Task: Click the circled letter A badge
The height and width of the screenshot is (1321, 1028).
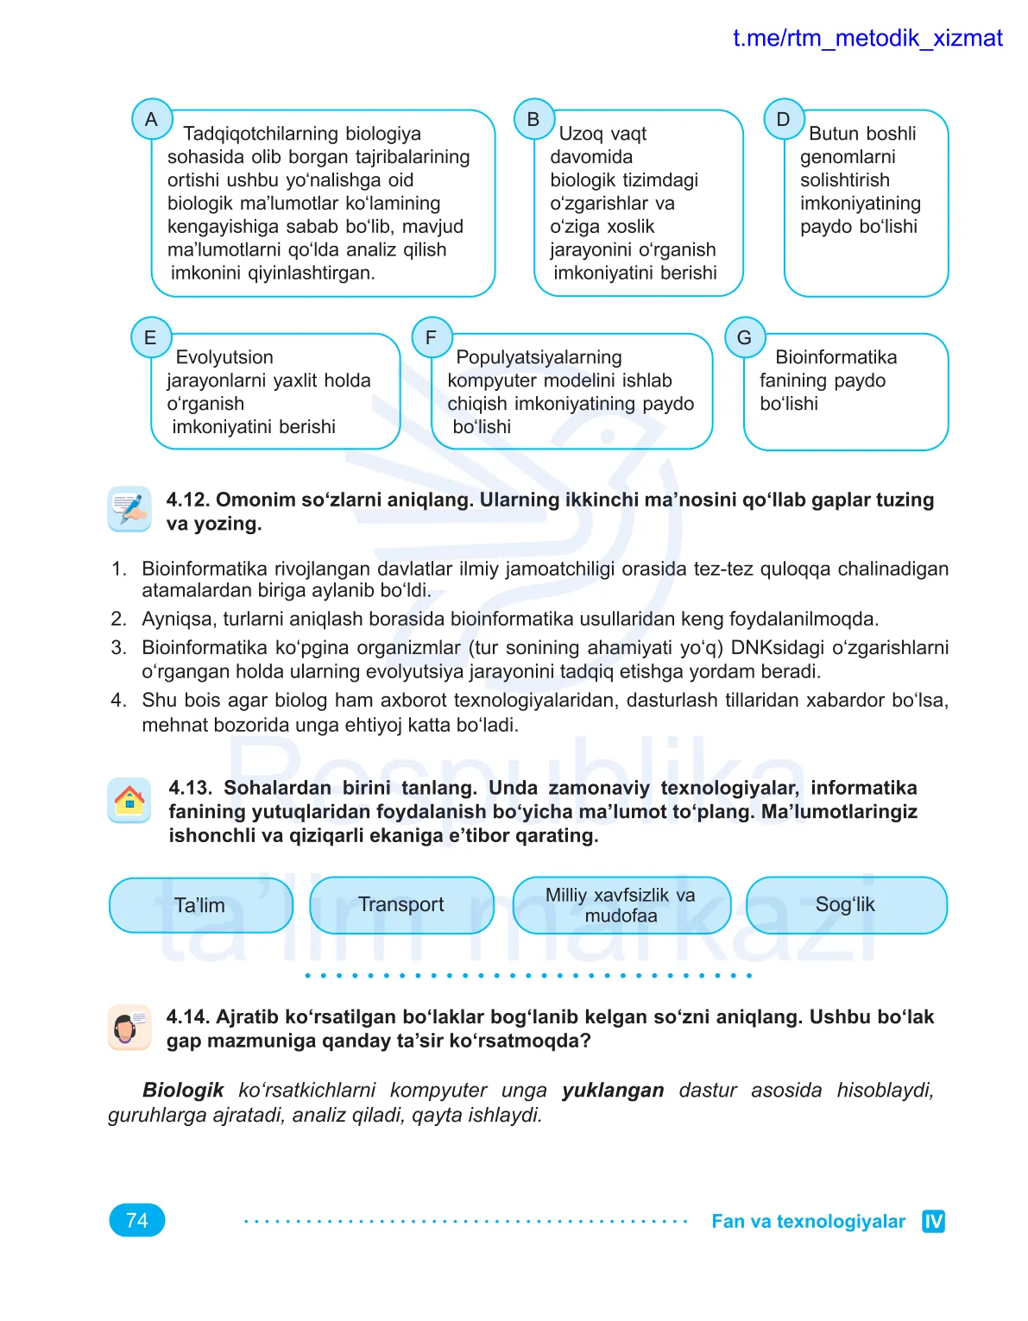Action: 152,119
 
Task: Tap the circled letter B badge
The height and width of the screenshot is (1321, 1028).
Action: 533,119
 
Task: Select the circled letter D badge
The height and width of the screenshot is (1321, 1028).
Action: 784,119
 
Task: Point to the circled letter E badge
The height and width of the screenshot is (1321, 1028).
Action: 151,337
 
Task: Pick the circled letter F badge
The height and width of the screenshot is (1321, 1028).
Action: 432,337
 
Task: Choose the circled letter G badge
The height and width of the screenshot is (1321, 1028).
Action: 745,337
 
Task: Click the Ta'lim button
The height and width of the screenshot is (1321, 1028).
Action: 201,905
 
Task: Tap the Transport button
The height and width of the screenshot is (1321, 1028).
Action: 401,904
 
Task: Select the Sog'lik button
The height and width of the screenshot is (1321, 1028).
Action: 846,904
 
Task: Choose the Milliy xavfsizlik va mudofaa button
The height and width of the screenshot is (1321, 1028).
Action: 621,905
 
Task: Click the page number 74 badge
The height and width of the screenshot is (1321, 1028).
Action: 137,1220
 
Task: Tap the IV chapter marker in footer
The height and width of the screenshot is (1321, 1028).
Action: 933,1221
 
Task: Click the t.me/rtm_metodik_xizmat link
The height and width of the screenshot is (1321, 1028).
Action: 867,38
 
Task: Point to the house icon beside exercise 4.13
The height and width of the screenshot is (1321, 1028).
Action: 129,800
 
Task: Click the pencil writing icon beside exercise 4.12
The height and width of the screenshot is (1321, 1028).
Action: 129,508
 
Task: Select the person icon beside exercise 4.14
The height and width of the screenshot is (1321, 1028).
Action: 129,1027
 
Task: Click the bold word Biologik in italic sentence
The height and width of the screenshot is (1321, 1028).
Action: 183,1090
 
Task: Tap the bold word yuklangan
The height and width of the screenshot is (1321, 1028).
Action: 613,1090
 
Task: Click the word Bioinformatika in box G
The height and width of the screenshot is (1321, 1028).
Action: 836,357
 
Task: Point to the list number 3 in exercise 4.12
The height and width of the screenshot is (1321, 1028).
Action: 118,647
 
